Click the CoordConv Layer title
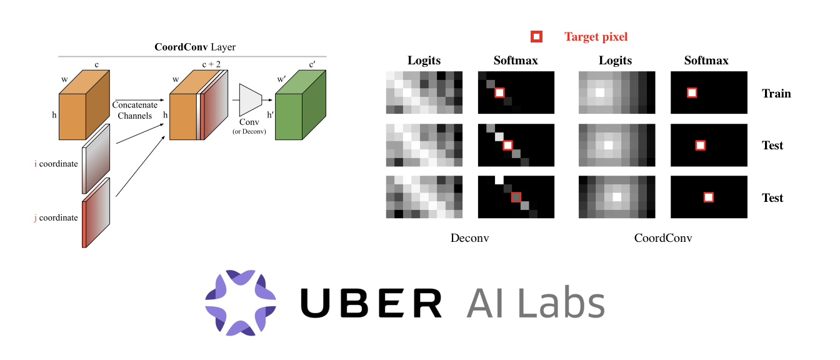pyautogui.click(x=194, y=47)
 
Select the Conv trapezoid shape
pyautogui.click(x=250, y=97)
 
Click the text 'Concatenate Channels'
pyautogui.click(x=135, y=110)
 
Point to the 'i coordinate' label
pyautogui.click(x=56, y=164)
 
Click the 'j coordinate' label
pyautogui.click(x=56, y=217)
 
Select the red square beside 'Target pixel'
pyautogui.click(x=536, y=37)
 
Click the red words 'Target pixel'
pyautogui.click(x=596, y=37)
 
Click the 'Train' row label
pyautogui.click(x=776, y=94)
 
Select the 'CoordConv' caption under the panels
pyautogui.click(x=663, y=238)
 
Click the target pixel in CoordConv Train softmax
pyautogui.click(x=692, y=93)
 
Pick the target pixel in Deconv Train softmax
pyautogui.click(x=499, y=93)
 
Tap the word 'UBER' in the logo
pyautogui.click(x=371, y=303)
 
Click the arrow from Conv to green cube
pyautogui.click(x=269, y=99)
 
